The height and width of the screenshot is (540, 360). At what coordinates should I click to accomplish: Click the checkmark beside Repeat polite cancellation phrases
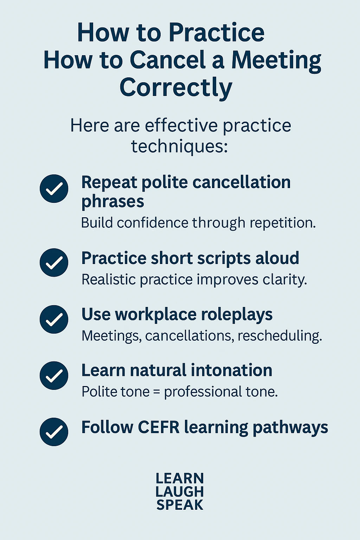pyautogui.click(x=54, y=188)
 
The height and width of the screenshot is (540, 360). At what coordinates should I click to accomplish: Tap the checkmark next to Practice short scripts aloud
pyautogui.click(x=54, y=263)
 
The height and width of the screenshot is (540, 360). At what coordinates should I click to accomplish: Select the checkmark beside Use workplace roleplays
pyautogui.click(x=54, y=319)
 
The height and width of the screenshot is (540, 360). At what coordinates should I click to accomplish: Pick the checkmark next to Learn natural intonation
pyautogui.click(x=54, y=375)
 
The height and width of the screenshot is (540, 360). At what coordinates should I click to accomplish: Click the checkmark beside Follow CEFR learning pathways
pyautogui.click(x=54, y=432)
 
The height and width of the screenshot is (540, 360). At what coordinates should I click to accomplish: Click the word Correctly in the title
pyautogui.click(x=176, y=88)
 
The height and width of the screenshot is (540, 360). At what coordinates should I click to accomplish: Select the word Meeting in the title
pyautogui.click(x=276, y=60)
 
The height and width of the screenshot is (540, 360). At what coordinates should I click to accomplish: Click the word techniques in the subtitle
pyautogui.click(x=179, y=146)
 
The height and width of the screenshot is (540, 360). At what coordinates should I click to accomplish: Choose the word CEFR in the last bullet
pyautogui.click(x=159, y=427)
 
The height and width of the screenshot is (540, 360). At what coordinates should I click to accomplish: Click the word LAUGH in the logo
pyautogui.click(x=180, y=491)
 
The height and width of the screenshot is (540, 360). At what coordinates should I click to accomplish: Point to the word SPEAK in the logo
pyautogui.click(x=180, y=505)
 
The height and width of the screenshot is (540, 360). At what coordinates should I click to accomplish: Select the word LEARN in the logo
pyautogui.click(x=180, y=478)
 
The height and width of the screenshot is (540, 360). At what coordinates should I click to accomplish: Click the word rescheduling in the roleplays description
pyautogui.click(x=280, y=336)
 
